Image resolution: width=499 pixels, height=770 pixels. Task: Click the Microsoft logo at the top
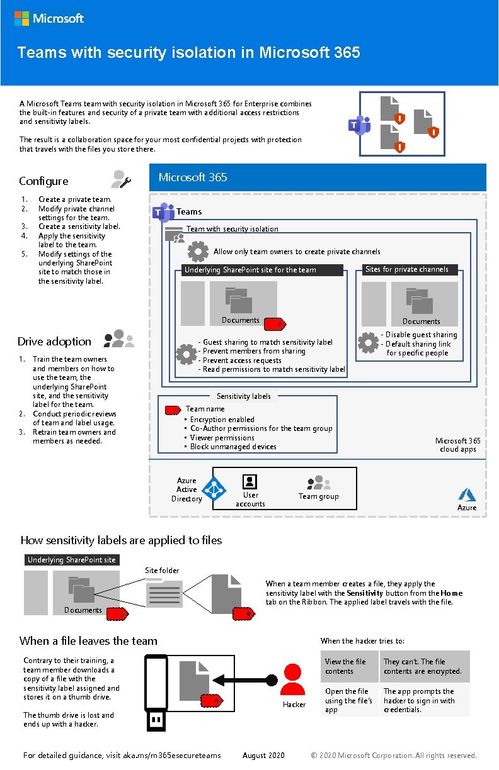49,18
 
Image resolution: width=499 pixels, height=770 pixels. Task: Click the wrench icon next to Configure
120,179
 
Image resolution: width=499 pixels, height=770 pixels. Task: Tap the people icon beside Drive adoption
119,340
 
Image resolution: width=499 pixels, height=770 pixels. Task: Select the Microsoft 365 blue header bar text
193,177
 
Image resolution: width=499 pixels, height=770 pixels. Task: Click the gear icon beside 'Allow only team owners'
198,252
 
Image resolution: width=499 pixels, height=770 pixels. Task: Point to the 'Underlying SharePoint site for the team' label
250,270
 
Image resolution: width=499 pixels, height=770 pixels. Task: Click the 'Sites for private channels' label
406,269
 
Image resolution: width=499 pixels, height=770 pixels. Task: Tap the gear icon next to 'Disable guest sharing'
368,343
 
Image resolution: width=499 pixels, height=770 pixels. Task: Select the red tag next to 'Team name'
172,410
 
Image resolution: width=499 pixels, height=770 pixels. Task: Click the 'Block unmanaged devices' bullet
233,447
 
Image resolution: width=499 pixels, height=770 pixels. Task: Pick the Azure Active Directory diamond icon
214,489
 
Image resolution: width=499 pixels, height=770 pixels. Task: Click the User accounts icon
250,482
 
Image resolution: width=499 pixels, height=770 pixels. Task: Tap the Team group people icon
318,483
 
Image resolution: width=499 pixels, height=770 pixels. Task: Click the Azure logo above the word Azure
467,494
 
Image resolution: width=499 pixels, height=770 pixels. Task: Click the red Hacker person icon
293,679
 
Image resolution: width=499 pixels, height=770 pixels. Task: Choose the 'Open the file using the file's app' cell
348,700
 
